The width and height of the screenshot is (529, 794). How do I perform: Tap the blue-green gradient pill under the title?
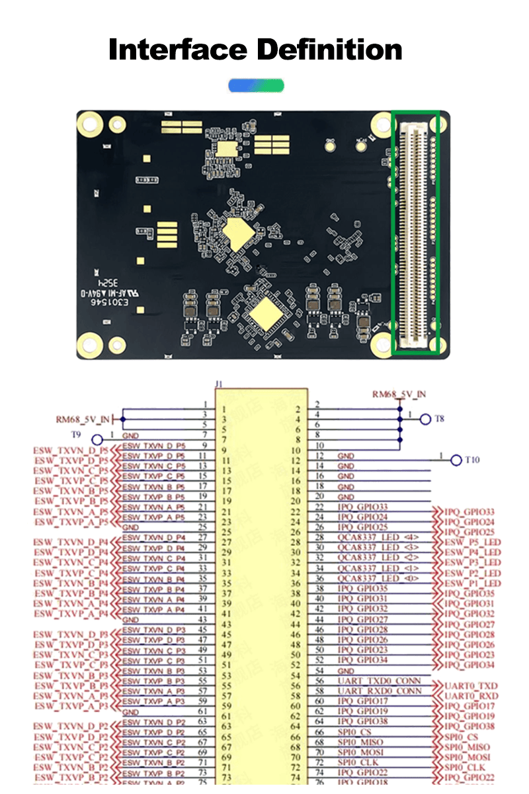point(256,85)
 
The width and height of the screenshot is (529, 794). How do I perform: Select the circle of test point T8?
point(425,419)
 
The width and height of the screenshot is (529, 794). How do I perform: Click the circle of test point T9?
point(97,439)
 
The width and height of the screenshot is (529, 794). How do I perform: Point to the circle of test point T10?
point(455,460)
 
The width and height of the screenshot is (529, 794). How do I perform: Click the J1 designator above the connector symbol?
point(220,384)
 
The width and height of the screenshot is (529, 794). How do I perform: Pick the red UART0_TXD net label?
point(471,686)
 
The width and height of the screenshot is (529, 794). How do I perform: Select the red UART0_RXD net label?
point(471,696)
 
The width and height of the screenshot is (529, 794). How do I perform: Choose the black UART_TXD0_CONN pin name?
point(379,681)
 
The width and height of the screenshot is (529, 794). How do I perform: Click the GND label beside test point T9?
point(131,436)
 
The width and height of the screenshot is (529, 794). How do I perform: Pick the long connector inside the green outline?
point(415,232)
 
